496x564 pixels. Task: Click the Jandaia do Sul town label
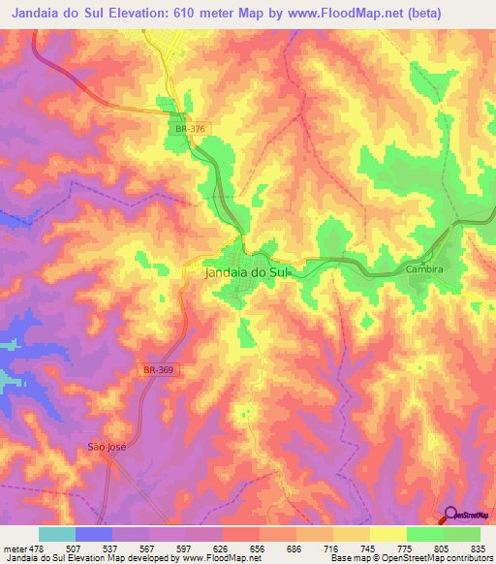[247, 273]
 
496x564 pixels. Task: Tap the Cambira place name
[425, 268]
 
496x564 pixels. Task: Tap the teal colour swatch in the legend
[56, 534]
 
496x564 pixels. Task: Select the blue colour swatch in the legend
[93, 534]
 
